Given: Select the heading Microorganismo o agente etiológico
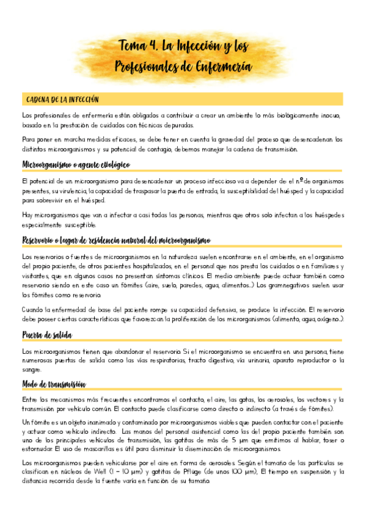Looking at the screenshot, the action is [x=76, y=166].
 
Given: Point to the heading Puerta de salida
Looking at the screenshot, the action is [x=46, y=335].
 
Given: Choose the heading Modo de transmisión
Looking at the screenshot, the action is [x=54, y=383].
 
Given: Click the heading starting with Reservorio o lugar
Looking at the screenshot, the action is [x=115, y=239].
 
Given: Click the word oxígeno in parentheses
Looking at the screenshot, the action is [x=325, y=319].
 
